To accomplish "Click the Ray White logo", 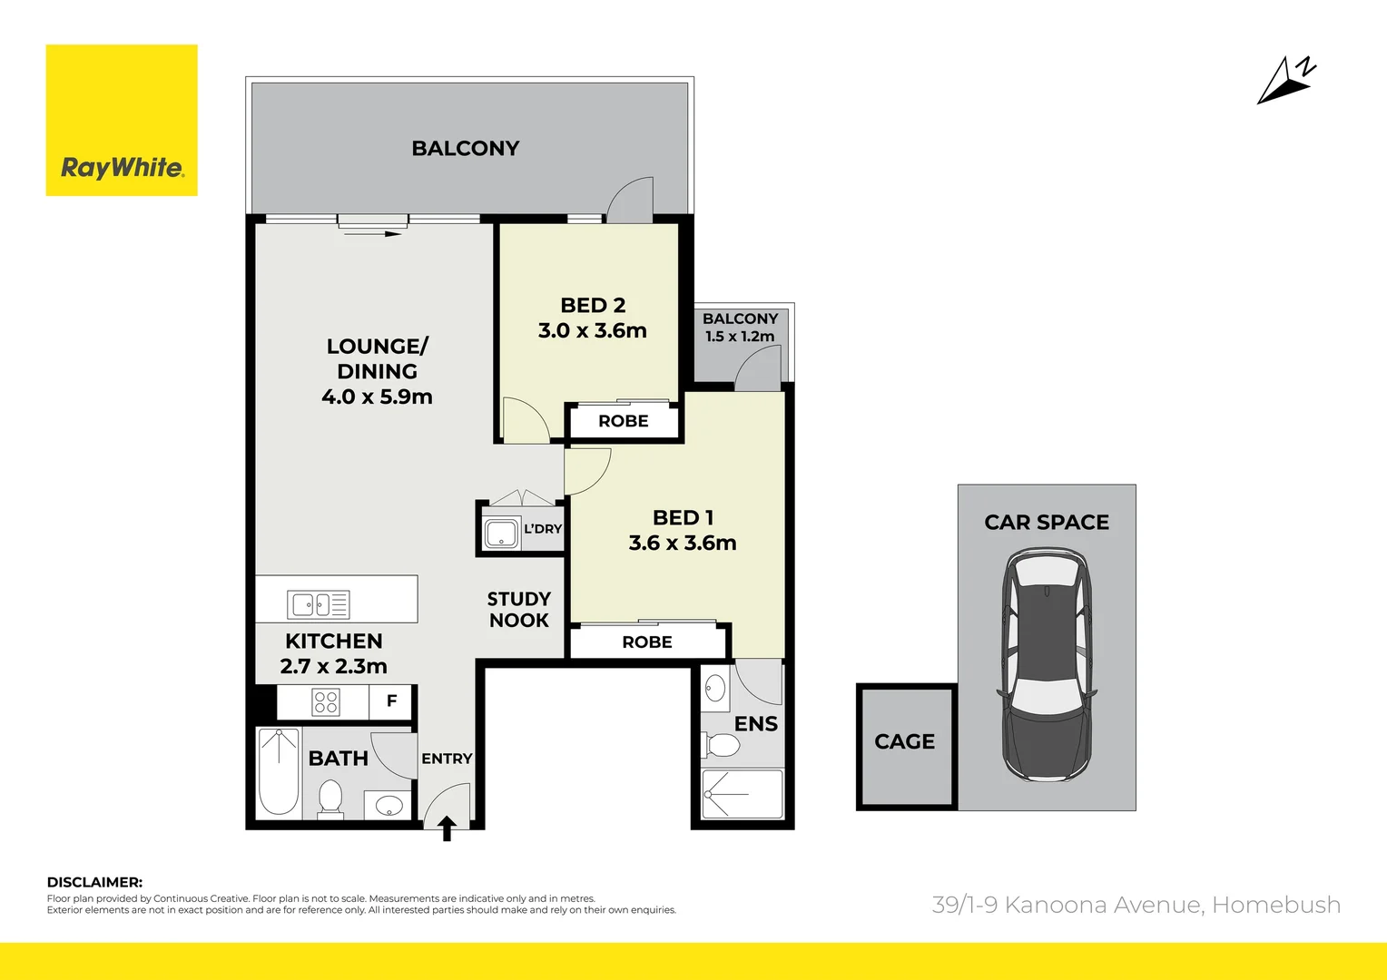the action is tap(122, 120).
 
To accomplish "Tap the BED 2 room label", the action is tap(593, 305).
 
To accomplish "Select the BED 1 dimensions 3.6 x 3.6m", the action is tap(683, 543).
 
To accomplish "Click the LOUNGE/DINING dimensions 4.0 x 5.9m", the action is tap(377, 397).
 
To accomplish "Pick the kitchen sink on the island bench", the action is tap(319, 604).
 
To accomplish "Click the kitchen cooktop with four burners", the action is tap(326, 702).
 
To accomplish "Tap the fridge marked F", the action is tap(391, 701).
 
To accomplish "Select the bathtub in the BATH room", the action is tap(279, 771).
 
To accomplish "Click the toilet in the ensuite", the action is tap(720, 745).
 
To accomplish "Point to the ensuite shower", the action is tap(742, 794).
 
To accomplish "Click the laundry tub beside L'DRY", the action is tap(501, 534).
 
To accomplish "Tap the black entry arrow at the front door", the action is tap(448, 828).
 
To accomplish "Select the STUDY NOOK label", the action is tap(519, 609).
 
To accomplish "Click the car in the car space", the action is tap(1047, 663).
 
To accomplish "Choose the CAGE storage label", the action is tap(905, 741).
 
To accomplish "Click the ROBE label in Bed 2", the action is tap(623, 421).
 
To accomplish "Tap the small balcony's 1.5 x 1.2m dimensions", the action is tap(740, 336).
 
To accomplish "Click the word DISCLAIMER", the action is tap(94, 882).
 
